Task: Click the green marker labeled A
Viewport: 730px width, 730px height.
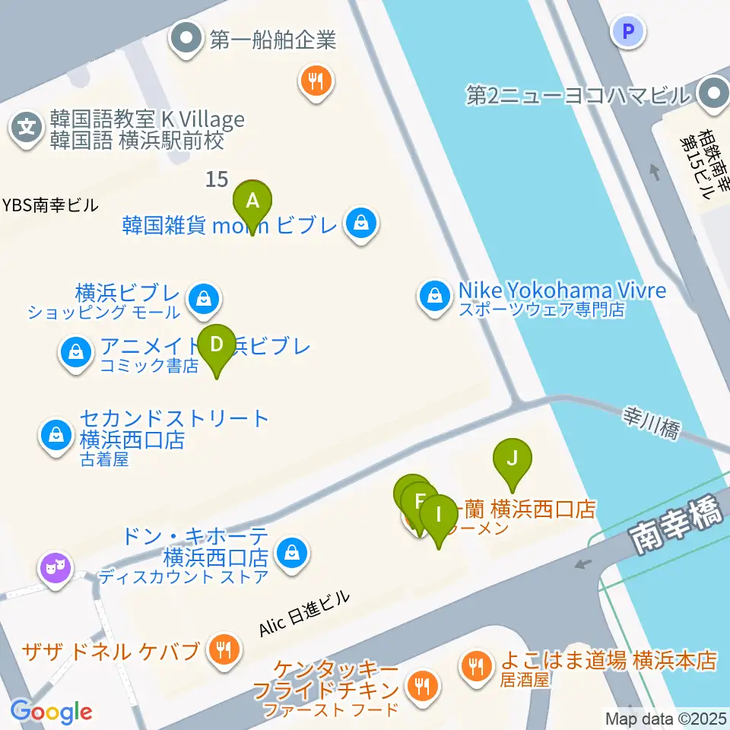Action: coord(255,203)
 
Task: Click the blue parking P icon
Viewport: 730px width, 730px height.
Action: coord(628,31)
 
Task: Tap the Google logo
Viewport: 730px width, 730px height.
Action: coord(51,712)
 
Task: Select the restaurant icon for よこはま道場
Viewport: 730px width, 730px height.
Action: coord(476,667)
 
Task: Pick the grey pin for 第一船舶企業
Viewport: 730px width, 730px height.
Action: coord(185,38)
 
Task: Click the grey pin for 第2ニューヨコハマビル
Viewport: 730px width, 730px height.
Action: coord(713,95)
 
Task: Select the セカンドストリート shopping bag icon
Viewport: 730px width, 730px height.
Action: coord(56,436)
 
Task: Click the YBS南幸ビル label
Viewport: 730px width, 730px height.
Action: coord(50,205)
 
